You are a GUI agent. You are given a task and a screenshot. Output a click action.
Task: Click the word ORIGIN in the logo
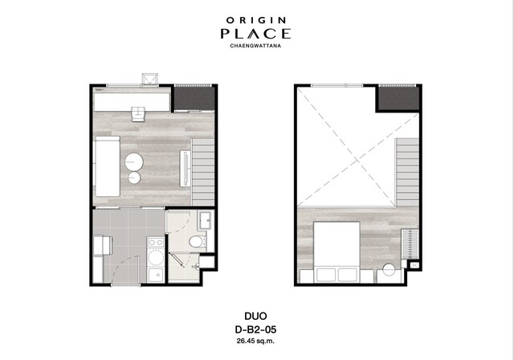(256, 20)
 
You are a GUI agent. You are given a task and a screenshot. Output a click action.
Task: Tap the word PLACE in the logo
(255, 34)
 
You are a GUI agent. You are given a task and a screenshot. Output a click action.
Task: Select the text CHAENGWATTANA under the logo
(255, 46)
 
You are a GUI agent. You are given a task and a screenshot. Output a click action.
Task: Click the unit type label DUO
(255, 316)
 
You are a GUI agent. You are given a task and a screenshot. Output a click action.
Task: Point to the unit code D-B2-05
(255, 329)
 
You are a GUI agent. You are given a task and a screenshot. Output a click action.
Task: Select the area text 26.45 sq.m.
(255, 341)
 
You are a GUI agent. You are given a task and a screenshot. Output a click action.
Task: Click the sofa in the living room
(107, 166)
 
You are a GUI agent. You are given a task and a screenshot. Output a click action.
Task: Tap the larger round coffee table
(134, 162)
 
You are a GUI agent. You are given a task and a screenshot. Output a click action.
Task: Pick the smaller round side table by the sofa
(134, 178)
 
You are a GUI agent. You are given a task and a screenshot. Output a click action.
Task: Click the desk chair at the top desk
(138, 114)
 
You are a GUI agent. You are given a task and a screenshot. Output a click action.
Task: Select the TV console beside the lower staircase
(186, 169)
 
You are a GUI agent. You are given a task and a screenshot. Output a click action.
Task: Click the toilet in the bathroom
(198, 242)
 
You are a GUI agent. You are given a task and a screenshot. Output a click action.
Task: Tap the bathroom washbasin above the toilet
(206, 220)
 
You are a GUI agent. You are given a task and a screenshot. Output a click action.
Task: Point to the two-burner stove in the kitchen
(156, 243)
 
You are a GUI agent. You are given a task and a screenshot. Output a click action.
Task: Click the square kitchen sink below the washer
(156, 276)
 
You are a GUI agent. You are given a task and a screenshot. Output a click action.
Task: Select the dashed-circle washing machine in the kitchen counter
(156, 258)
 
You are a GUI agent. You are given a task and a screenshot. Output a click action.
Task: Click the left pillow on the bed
(326, 275)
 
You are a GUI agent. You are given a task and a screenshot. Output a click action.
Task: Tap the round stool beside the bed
(389, 270)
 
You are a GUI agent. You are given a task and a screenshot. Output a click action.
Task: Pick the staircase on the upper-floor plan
(408, 171)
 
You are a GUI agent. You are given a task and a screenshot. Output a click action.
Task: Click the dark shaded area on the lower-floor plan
(194, 98)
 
